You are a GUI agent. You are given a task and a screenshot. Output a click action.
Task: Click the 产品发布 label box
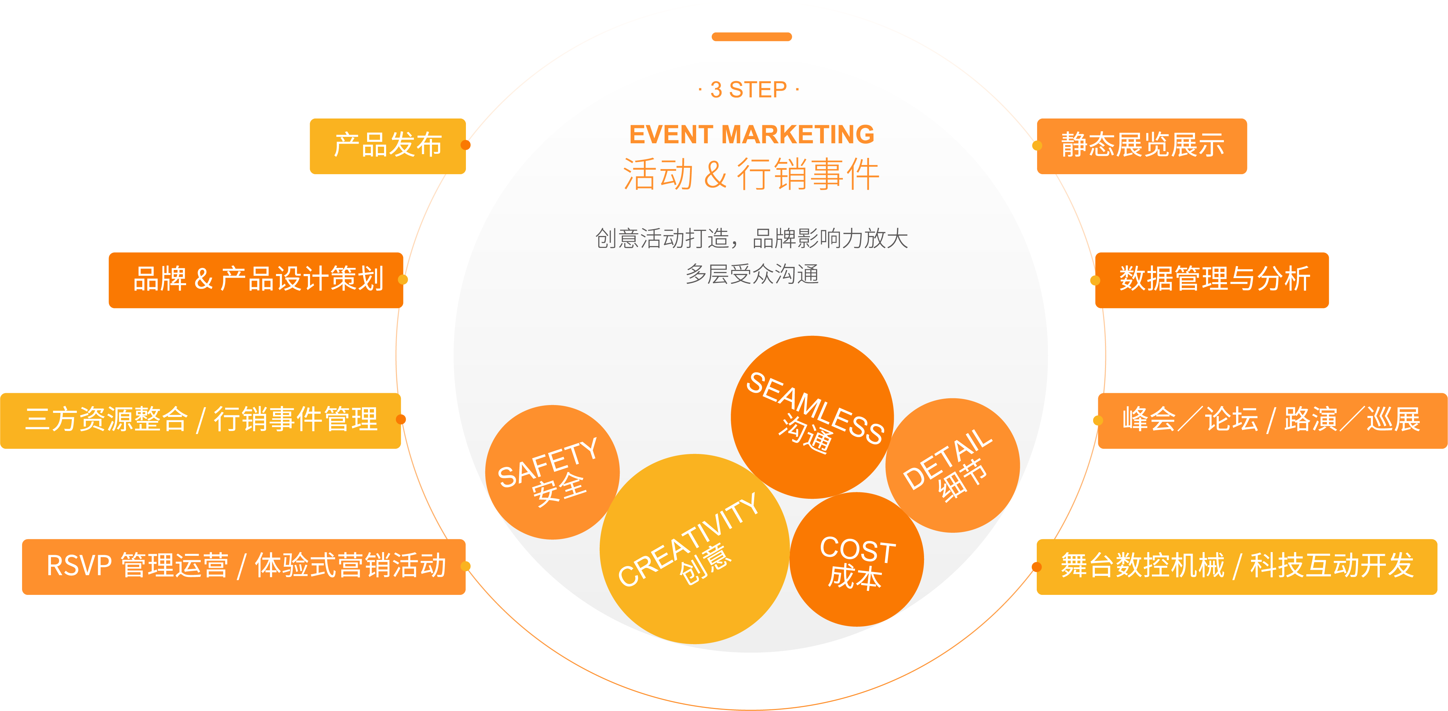tap(387, 146)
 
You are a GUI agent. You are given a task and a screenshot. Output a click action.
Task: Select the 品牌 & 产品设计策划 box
tap(256, 280)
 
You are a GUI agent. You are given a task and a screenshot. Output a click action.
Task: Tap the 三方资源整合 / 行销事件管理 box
tap(201, 420)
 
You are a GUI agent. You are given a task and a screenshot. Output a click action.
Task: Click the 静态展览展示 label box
tap(1142, 146)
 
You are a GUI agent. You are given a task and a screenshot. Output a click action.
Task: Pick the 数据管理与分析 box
tap(1212, 280)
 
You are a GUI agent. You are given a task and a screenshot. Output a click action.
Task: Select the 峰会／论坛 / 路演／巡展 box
tap(1272, 420)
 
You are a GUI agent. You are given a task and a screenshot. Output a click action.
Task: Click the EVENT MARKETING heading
tap(752, 135)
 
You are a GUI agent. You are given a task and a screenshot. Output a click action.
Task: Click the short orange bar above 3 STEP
tap(752, 37)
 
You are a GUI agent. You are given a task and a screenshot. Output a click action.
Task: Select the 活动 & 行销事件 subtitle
tap(752, 174)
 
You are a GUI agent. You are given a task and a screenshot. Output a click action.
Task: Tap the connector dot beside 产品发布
tap(466, 145)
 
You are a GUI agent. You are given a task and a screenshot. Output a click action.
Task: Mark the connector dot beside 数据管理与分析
tap(1095, 280)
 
